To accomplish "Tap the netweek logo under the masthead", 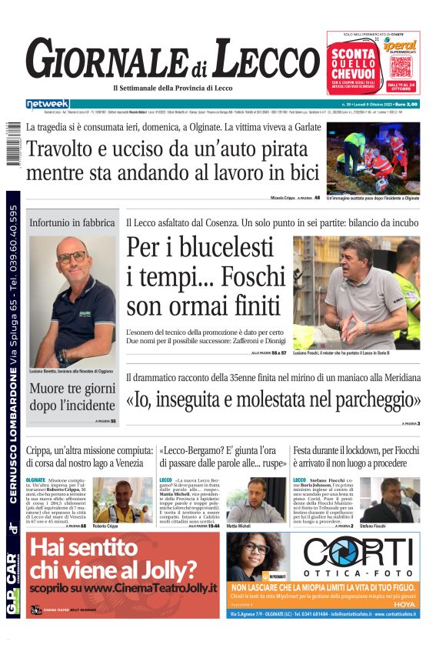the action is pyautogui.click(x=48, y=103).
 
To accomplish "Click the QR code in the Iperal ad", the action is pyautogui.click(x=401, y=65).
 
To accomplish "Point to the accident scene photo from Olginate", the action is pyautogui.click(x=373, y=157).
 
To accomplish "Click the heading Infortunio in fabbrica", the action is pyautogui.click(x=73, y=222).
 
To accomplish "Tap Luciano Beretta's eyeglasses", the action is pyautogui.click(x=72, y=257).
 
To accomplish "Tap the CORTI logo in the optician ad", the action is pyautogui.click(x=360, y=553).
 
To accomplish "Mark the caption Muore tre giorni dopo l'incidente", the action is pyautogui.click(x=73, y=396).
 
